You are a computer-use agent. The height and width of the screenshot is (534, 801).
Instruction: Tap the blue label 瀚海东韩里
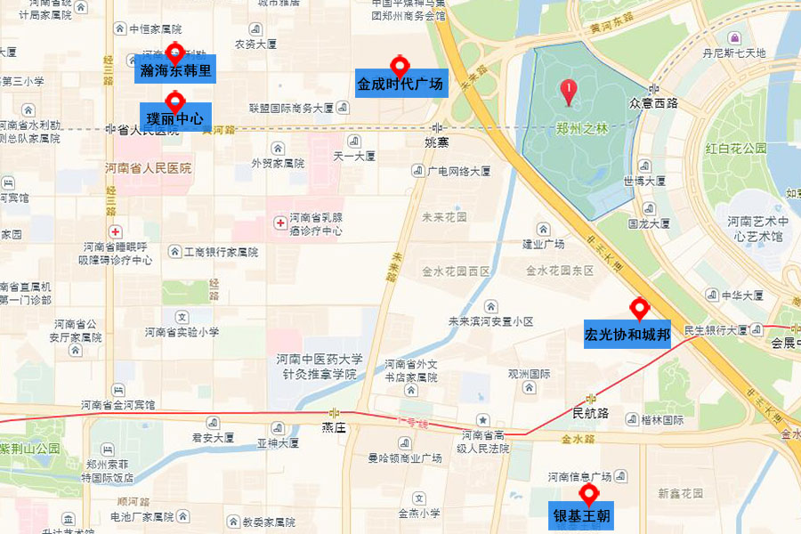point(175,69)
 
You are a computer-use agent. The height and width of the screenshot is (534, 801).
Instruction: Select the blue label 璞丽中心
point(175,117)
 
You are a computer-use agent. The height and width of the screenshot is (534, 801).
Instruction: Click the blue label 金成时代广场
point(400,84)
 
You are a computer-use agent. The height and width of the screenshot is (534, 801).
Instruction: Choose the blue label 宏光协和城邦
point(627,335)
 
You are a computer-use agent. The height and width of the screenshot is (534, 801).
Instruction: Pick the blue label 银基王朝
point(582,515)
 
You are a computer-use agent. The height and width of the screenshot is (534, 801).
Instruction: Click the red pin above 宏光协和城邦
point(638,309)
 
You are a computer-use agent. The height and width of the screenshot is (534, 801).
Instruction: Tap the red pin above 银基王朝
point(587,495)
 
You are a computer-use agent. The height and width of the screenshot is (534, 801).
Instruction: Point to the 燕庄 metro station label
point(334,427)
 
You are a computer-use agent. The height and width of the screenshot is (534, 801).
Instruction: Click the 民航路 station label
point(591,413)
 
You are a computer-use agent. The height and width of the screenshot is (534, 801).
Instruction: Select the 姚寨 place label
point(437,142)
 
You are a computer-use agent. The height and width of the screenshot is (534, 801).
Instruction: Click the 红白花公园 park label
point(735,149)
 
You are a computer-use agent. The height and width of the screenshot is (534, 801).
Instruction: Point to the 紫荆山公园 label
point(30,449)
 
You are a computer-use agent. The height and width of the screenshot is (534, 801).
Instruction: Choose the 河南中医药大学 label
point(319,360)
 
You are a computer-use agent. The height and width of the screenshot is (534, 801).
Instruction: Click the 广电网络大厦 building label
point(458,171)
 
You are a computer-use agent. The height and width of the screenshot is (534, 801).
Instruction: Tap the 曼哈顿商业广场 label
point(405,458)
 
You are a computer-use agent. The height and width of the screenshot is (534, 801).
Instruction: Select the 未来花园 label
point(444,216)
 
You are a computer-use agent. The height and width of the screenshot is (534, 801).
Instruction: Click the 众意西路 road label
point(653,103)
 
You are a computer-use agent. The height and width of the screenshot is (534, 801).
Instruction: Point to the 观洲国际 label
point(529,374)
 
